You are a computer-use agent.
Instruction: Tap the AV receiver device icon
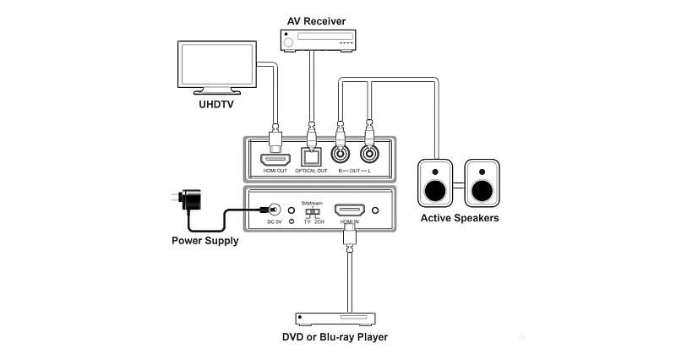(x=316, y=39)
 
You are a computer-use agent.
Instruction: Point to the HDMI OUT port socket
(x=275, y=156)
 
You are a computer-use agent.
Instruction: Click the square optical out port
(x=312, y=156)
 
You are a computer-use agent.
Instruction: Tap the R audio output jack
(x=341, y=155)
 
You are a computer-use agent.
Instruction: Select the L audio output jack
(x=369, y=155)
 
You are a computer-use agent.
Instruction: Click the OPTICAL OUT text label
(x=312, y=172)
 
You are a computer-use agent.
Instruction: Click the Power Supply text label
(x=204, y=241)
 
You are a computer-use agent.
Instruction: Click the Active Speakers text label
(x=460, y=218)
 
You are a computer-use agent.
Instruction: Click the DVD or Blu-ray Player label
(x=335, y=338)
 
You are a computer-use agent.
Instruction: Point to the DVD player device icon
(x=335, y=319)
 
